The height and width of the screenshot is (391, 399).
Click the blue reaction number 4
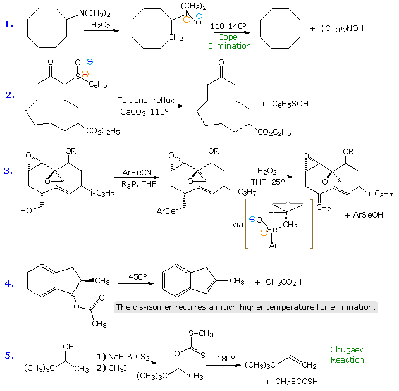pyautogui.click(x=9, y=283)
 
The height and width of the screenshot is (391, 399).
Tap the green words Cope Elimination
pyautogui.click(x=229, y=42)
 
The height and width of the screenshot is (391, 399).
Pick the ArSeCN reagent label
pyautogui.click(x=135, y=171)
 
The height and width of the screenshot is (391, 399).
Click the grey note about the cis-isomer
pyautogui.click(x=246, y=307)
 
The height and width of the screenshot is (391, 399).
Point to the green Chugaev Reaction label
pyautogui.click(x=347, y=355)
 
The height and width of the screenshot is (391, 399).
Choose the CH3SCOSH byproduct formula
pyautogui.click(x=292, y=382)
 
